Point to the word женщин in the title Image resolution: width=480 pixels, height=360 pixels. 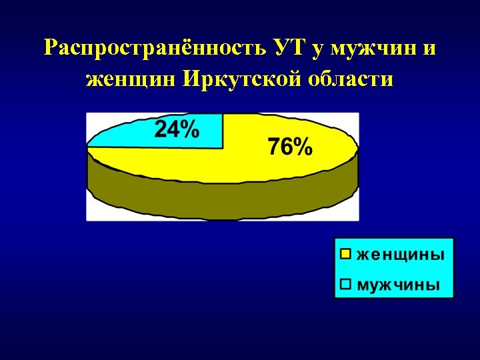pos(131,80)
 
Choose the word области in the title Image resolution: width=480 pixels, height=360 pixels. pos(351,80)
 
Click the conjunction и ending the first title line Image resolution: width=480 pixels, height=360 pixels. pos(430,49)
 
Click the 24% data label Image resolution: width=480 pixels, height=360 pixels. pos(177,129)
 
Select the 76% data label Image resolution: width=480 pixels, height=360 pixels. pos(290,147)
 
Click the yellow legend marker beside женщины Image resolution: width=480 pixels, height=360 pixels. pos(345,254)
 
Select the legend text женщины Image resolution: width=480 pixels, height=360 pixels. pos(400,254)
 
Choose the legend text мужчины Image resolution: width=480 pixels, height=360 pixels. pos(399,285)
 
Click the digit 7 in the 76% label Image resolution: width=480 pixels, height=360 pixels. pos(275,147)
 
